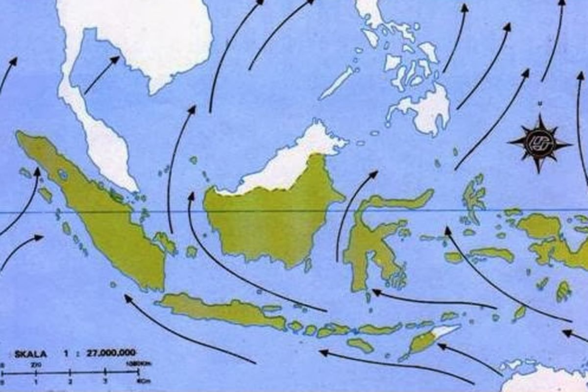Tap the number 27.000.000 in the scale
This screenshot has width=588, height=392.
point(111,352)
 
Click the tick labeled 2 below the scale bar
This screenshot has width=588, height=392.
point(71,382)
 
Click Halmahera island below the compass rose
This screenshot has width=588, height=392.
point(473,196)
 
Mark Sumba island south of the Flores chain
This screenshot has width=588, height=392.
point(360,345)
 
